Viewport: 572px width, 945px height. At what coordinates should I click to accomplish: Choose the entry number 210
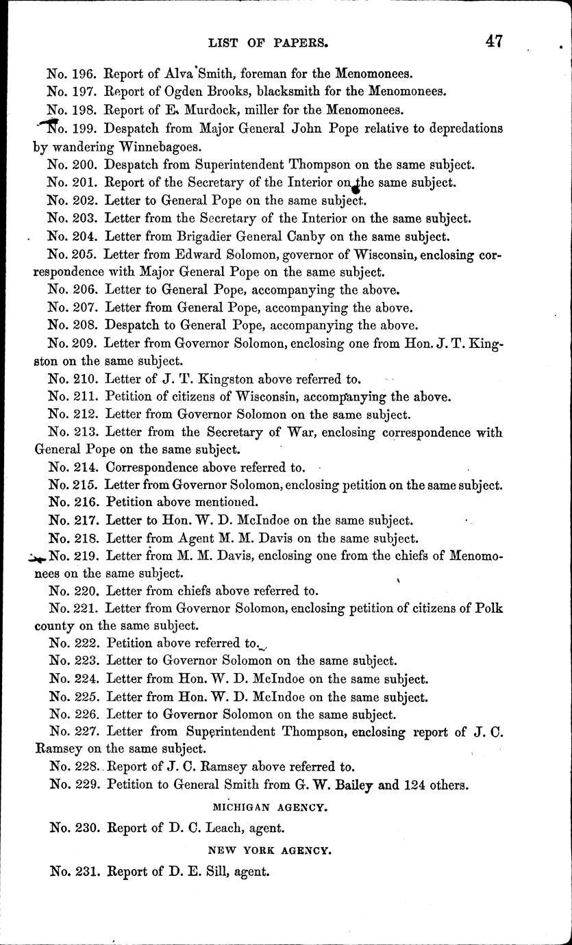[86, 378]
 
